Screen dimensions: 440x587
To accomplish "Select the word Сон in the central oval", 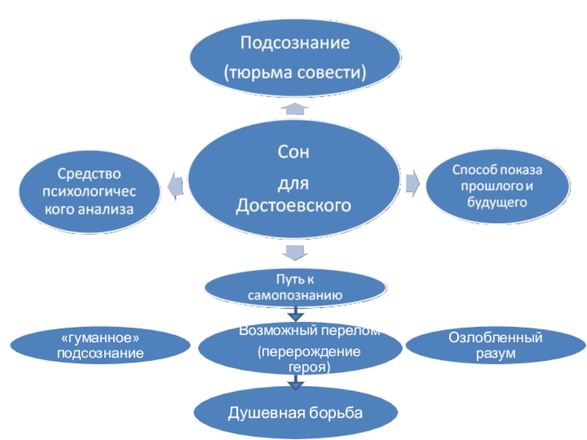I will (x=293, y=153).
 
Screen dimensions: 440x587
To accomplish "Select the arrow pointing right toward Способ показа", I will (x=413, y=182).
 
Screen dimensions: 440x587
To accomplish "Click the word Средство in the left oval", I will (x=88, y=174).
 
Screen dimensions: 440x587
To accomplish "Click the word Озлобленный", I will (x=495, y=338).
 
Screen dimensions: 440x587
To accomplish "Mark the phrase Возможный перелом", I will (x=308, y=331).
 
